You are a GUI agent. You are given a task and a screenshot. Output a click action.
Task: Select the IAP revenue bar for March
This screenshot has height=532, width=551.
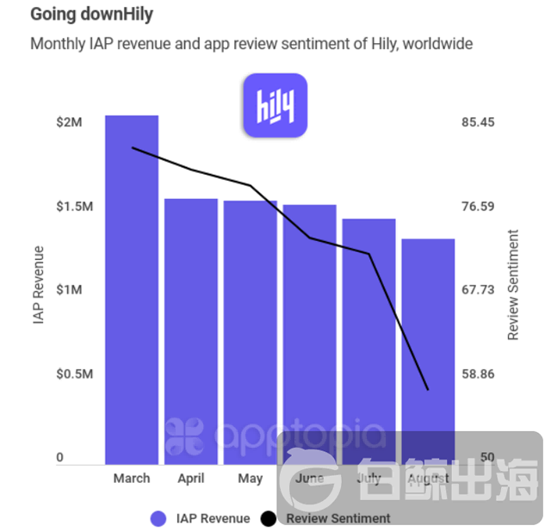pos(132,289)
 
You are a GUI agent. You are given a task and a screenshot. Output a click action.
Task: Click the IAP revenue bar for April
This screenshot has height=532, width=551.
pos(191,331)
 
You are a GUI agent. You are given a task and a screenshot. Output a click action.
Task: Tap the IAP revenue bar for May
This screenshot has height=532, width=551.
pos(251,332)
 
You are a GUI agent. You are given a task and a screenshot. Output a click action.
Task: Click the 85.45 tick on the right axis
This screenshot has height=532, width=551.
pos(479,122)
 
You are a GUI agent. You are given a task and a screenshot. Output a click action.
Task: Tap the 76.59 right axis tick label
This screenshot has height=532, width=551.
pos(479,207)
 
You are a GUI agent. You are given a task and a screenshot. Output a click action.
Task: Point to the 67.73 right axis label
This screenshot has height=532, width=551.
pos(479,290)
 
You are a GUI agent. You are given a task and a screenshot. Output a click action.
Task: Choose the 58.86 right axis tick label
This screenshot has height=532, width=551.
pos(479,374)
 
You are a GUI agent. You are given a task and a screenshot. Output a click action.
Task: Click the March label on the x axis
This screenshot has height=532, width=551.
pos(132,479)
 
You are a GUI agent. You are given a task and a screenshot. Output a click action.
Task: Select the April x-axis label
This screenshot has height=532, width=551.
pos(191,479)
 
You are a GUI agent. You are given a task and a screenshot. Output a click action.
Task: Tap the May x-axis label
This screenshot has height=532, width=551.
pos(251,479)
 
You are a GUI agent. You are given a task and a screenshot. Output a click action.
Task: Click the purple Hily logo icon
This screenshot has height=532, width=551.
pos(275,105)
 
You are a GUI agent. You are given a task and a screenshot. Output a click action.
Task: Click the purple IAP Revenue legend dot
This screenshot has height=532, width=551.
pos(158,518)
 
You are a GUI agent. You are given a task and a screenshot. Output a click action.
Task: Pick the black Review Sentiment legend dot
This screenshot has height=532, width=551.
pos(269,518)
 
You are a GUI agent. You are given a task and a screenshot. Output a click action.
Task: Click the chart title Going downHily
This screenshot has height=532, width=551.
pos(85,15)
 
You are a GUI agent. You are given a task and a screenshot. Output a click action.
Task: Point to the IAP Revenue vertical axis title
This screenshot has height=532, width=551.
pos(39,285)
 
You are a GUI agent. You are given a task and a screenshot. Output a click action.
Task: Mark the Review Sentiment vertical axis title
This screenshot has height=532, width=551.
pos(514,285)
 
